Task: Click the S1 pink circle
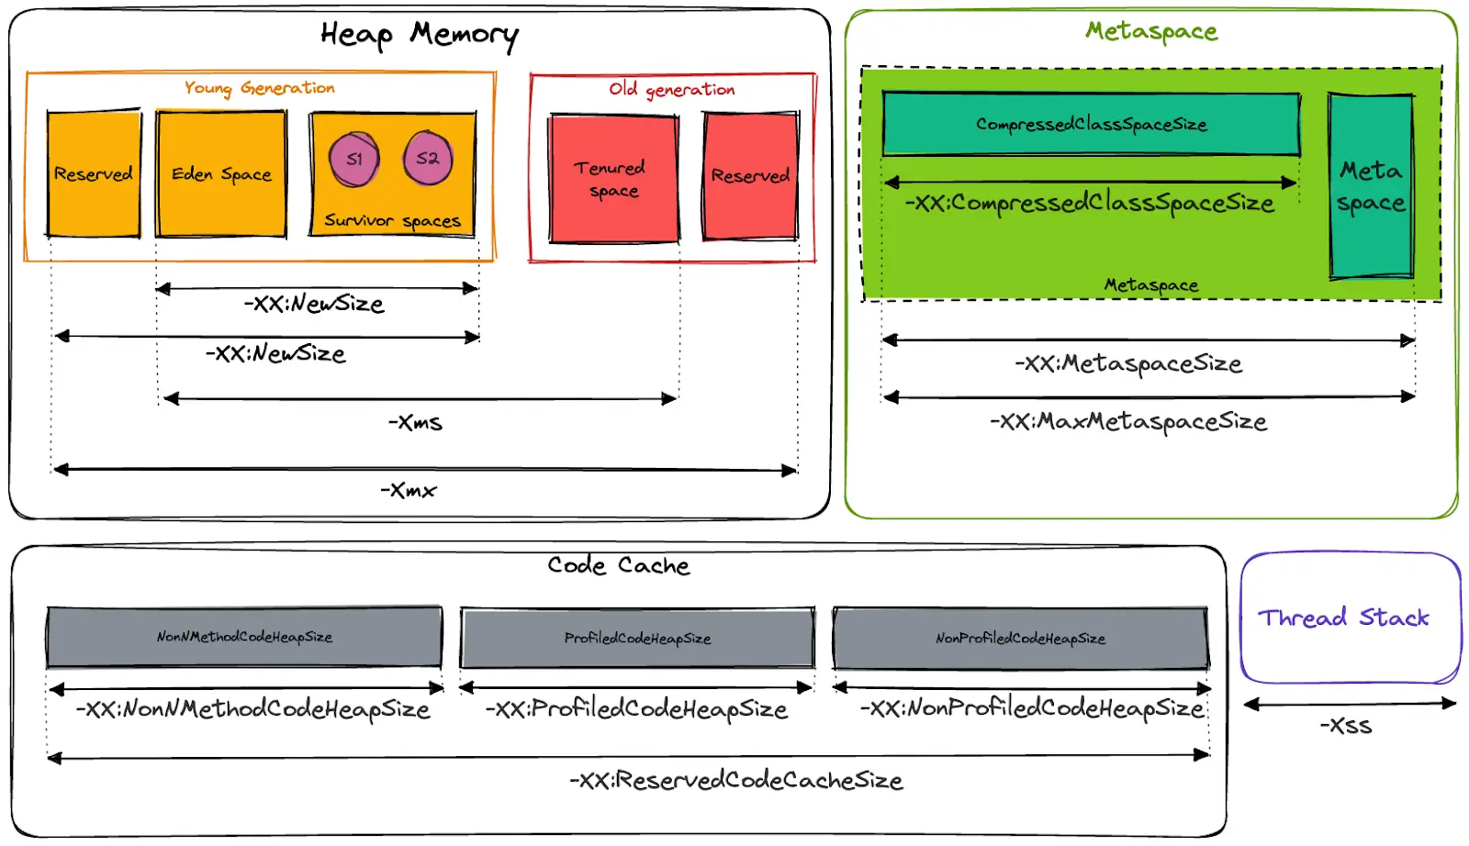point(354,159)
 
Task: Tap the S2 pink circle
point(428,158)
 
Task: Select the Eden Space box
point(221,173)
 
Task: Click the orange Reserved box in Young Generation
point(94,173)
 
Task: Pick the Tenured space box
point(612,179)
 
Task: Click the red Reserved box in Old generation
point(750,175)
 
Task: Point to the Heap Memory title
point(419,35)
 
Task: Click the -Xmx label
point(409,491)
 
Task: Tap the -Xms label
point(415,423)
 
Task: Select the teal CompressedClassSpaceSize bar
point(1091,124)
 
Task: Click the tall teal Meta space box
point(1371,186)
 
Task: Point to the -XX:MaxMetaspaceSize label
point(1128,422)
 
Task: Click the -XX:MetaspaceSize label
point(1128,364)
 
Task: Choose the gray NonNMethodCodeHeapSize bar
point(244,637)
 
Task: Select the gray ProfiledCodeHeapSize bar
point(637,638)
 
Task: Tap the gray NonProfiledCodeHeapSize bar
point(1020,638)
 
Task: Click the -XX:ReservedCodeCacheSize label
point(736,781)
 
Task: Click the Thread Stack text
point(1343,618)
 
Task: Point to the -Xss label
point(1346,726)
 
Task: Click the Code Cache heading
point(618,565)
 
